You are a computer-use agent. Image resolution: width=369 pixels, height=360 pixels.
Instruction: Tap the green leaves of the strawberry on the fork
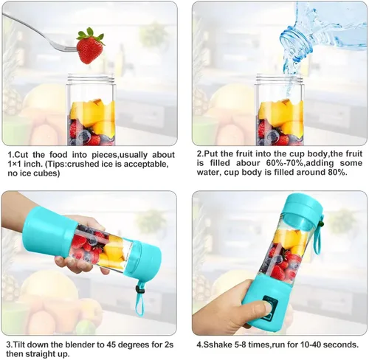[90, 34]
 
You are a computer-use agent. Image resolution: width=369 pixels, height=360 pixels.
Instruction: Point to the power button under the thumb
[269, 308]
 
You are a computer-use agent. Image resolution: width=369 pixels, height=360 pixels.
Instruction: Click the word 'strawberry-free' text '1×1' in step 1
[15, 164]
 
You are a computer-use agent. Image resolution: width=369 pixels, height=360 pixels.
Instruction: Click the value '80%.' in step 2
[337, 172]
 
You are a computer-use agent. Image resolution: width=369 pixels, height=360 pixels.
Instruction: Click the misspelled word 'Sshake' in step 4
[217, 345]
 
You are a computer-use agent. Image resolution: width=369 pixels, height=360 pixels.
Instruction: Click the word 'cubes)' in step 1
[48, 173]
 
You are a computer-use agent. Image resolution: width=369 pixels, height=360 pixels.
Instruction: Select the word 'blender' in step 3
[83, 345]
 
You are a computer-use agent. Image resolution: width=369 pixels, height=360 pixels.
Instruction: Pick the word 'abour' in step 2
[248, 163]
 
